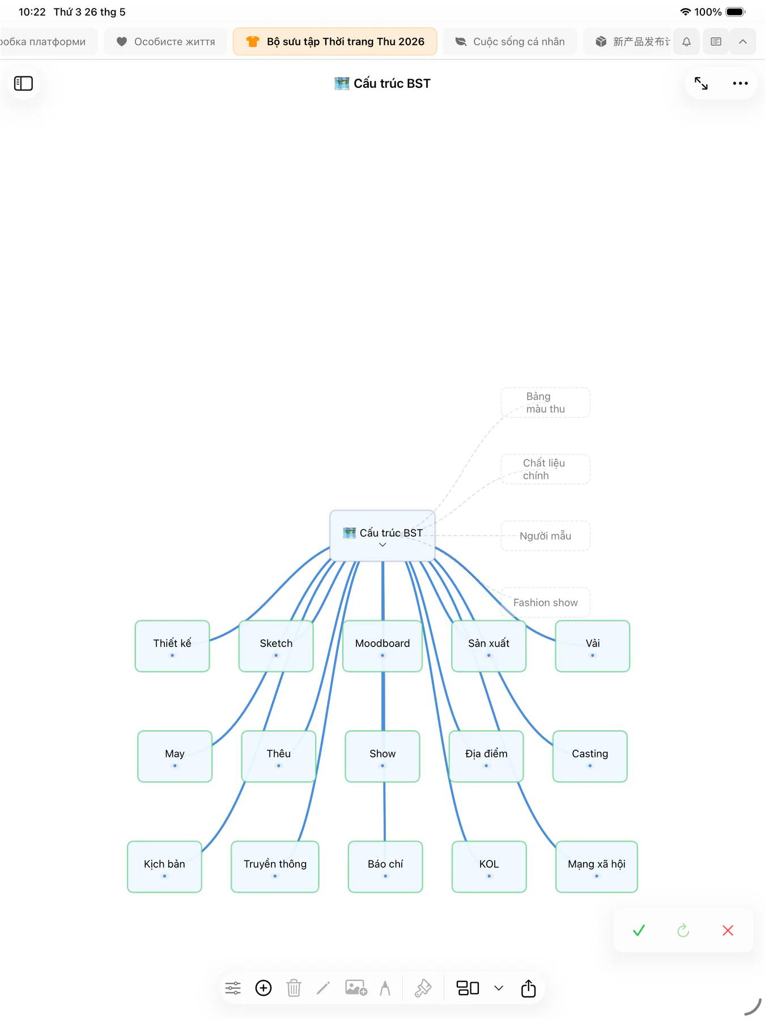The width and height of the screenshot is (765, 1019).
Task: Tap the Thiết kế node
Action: [172, 646]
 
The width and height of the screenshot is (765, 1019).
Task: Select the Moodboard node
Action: [382, 646]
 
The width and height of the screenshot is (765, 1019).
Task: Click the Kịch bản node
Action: [164, 867]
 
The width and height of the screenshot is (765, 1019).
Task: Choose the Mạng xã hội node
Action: [597, 867]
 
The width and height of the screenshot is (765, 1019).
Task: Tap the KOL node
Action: [489, 867]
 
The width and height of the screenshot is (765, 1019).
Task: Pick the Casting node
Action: [590, 756]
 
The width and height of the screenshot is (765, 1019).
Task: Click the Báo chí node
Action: [385, 867]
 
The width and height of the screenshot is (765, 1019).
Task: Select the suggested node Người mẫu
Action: [545, 536]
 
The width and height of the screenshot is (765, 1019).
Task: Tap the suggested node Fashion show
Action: [545, 602]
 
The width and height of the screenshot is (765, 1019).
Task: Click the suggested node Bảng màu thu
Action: [545, 403]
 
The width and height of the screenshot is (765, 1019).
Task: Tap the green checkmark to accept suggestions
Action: [639, 930]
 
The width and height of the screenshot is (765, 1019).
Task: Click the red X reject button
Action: [728, 930]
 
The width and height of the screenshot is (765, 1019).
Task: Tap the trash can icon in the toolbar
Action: [294, 988]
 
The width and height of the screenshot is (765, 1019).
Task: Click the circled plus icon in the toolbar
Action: [263, 988]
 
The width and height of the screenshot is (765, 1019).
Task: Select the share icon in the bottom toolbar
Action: [528, 988]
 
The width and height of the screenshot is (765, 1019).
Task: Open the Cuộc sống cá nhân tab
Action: [511, 41]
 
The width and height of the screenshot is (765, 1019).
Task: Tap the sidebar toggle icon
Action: [23, 83]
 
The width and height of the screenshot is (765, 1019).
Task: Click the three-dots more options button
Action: [740, 83]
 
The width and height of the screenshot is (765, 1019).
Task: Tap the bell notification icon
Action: [686, 41]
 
